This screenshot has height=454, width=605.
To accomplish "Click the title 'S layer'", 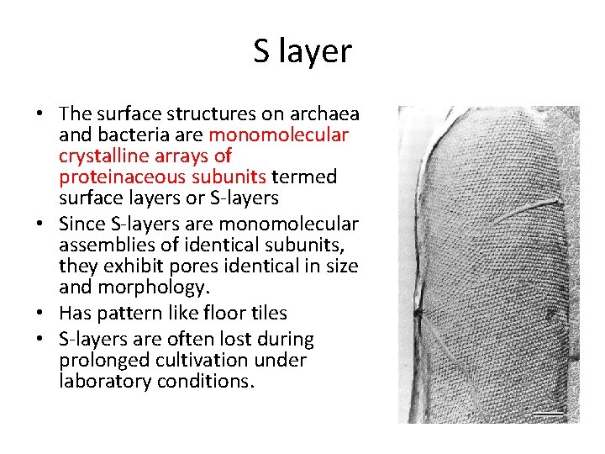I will click(x=302, y=52).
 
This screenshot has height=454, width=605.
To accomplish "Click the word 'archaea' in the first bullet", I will click(x=329, y=114).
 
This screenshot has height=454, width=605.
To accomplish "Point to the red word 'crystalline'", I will click(x=103, y=156).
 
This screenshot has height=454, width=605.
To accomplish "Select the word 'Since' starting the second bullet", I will click(x=82, y=224).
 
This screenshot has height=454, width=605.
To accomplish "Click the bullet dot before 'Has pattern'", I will click(x=41, y=314).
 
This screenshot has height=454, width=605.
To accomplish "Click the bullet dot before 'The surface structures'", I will click(x=41, y=114).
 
